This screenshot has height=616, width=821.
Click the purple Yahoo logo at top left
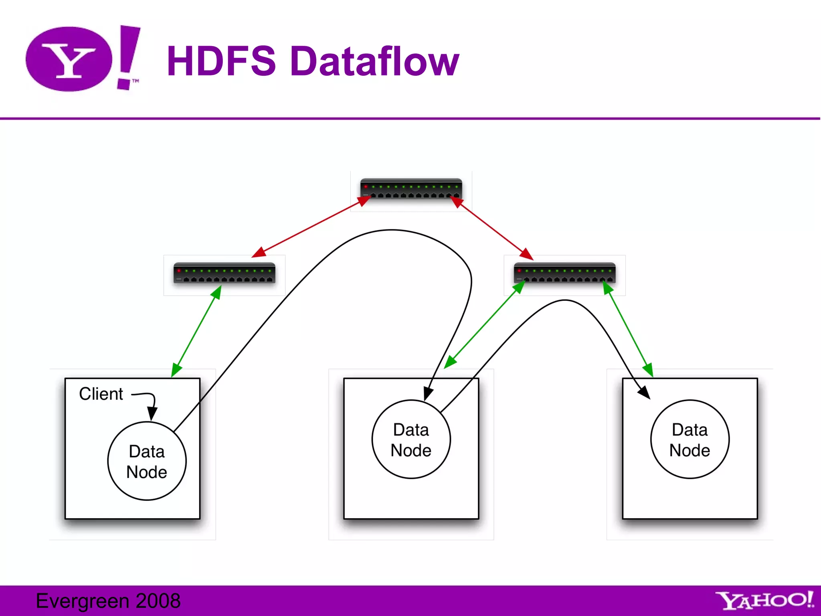point(82,59)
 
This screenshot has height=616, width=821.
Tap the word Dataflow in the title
point(374,61)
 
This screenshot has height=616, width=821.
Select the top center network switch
point(411,189)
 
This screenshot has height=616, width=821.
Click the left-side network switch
point(224,273)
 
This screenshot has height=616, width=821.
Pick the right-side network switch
point(564,273)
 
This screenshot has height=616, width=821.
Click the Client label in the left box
point(101,394)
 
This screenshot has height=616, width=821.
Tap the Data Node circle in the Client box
point(147,461)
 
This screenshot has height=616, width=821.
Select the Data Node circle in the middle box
point(411,440)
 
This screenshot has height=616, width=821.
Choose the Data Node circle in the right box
point(690,440)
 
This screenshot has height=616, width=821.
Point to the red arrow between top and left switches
point(311,227)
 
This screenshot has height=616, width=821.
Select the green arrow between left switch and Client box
point(196,331)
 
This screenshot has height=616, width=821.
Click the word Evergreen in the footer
point(83,601)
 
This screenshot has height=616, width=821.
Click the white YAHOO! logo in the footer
point(764,601)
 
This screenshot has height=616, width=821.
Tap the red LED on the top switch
point(366,187)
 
